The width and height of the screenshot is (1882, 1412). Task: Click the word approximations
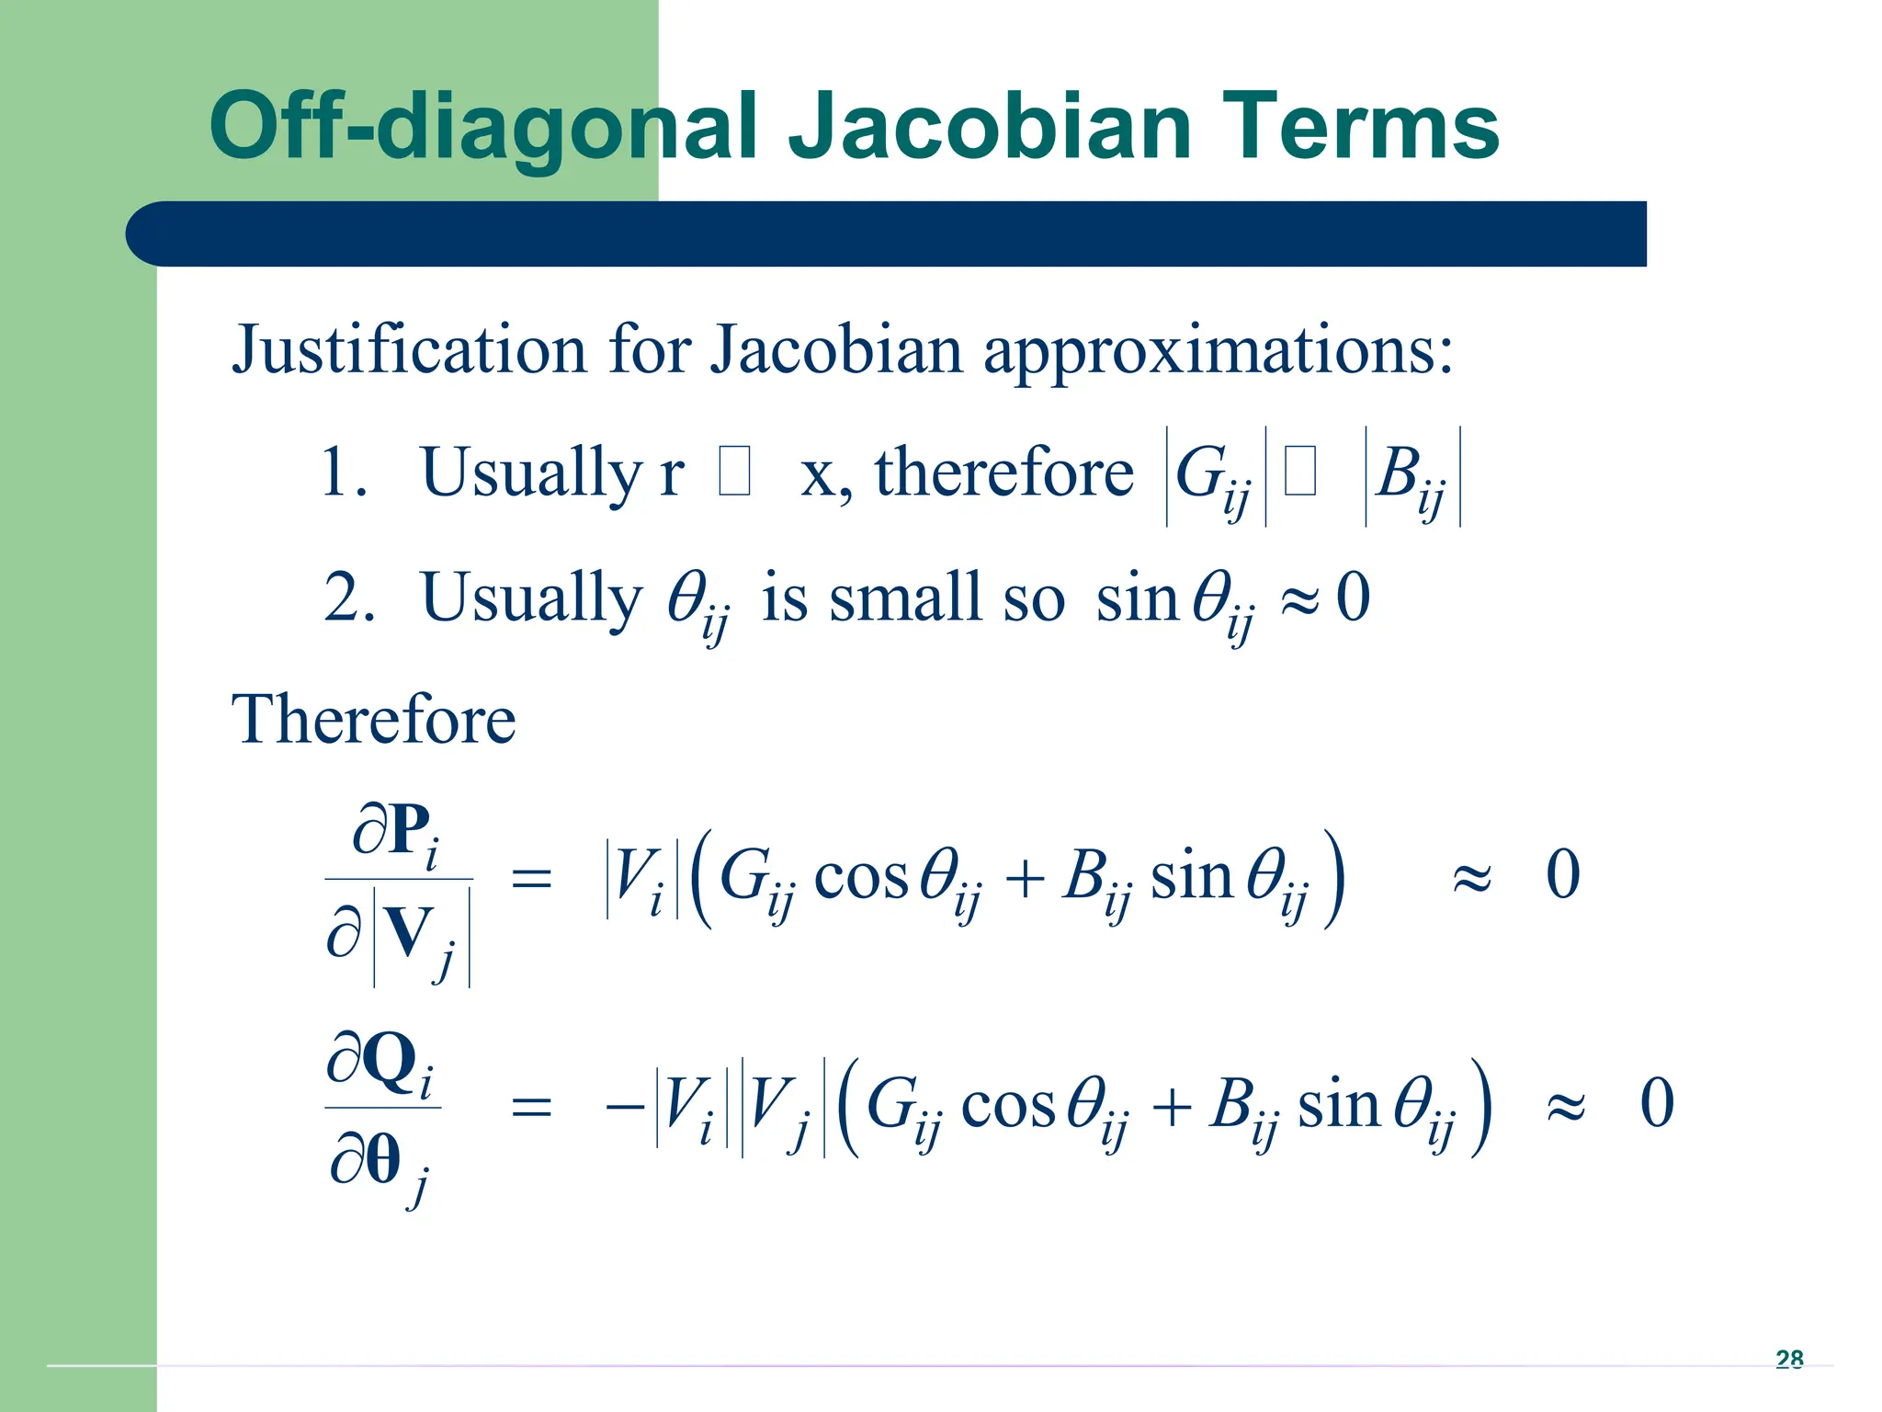click(x=1218, y=350)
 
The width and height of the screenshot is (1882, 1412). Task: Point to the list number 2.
click(x=347, y=598)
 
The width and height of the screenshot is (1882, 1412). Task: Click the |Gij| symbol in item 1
click(x=1215, y=476)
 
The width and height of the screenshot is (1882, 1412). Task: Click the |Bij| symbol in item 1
click(x=1412, y=476)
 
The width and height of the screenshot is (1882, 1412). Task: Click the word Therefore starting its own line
click(x=373, y=719)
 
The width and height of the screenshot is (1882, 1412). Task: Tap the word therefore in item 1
click(x=1003, y=473)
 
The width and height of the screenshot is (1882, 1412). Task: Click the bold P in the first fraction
click(x=409, y=829)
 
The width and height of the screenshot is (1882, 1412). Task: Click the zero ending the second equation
click(x=1656, y=1103)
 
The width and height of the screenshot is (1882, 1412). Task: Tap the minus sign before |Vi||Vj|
click(x=625, y=1106)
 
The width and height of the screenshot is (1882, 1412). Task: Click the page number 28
click(x=1788, y=1359)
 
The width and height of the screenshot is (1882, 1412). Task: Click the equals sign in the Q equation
click(x=531, y=1106)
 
